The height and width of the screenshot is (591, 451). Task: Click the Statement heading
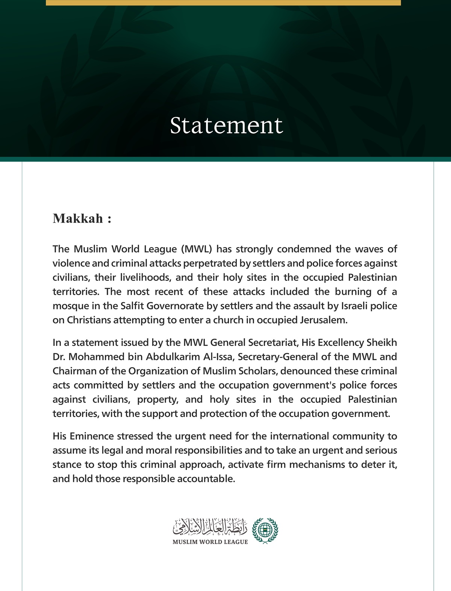click(x=226, y=125)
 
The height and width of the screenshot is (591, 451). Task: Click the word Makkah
click(x=78, y=218)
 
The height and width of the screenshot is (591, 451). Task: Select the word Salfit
click(x=132, y=306)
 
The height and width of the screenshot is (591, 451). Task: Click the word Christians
click(x=89, y=320)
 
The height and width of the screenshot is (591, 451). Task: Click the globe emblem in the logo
click(x=265, y=530)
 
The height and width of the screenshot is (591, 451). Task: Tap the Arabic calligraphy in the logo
click(x=210, y=527)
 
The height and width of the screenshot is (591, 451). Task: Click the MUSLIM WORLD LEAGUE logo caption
click(x=210, y=542)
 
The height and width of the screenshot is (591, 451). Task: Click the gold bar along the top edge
click(x=223, y=3)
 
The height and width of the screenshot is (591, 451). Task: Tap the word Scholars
click(x=258, y=371)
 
